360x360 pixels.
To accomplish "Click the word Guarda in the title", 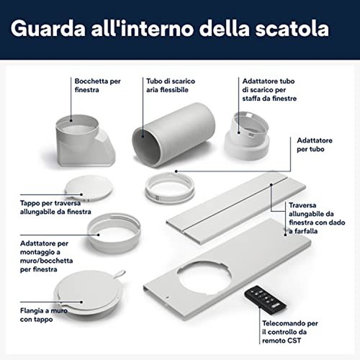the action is (48, 28).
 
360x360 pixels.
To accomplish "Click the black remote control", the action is (265, 297).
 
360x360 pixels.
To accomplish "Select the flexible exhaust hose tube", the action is (174, 135).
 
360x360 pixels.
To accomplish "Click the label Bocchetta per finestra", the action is (98, 85).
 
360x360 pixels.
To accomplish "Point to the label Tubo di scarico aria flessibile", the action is (171, 85).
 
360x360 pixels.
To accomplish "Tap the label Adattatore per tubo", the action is (315, 145).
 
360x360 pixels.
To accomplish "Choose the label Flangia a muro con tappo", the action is (44, 315).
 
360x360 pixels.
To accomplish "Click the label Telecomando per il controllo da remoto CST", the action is (290, 332).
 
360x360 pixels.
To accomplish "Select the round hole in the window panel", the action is (204, 278).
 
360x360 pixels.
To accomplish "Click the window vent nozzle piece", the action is (84, 141).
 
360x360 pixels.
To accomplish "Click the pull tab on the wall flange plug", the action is (120, 274).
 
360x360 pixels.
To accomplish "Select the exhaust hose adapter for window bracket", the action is (247, 135).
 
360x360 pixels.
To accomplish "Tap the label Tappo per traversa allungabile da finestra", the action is (55, 207).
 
